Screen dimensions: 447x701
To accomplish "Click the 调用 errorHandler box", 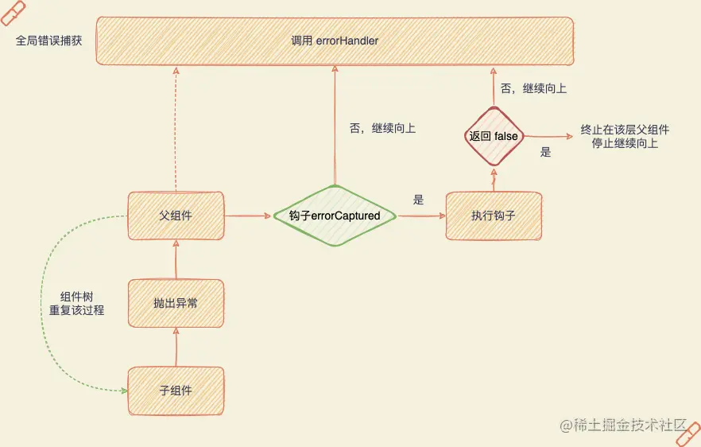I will (x=334, y=40).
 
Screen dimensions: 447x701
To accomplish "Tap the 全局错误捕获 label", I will (x=49, y=41).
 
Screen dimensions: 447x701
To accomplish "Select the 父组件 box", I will (x=176, y=215).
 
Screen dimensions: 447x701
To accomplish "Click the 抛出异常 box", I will (x=176, y=302).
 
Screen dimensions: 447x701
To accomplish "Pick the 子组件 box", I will (x=176, y=391).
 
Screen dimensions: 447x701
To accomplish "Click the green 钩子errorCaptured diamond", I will (x=334, y=216).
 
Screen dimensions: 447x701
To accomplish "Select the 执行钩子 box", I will (x=494, y=215).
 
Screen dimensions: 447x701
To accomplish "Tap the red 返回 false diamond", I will (x=494, y=136).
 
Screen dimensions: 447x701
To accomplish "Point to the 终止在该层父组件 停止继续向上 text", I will (x=625, y=137).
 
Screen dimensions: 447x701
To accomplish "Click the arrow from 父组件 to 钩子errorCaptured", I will (x=248, y=215).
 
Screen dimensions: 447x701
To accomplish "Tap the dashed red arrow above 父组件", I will (x=176, y=127).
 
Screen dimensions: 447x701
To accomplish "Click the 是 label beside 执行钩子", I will (x=419, y=200).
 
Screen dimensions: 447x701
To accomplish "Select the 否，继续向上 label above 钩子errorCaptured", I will (x=382, y=127).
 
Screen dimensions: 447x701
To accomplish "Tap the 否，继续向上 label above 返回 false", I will (x=533, y=88).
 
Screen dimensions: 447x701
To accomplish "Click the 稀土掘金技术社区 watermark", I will (x=624, y=426).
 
